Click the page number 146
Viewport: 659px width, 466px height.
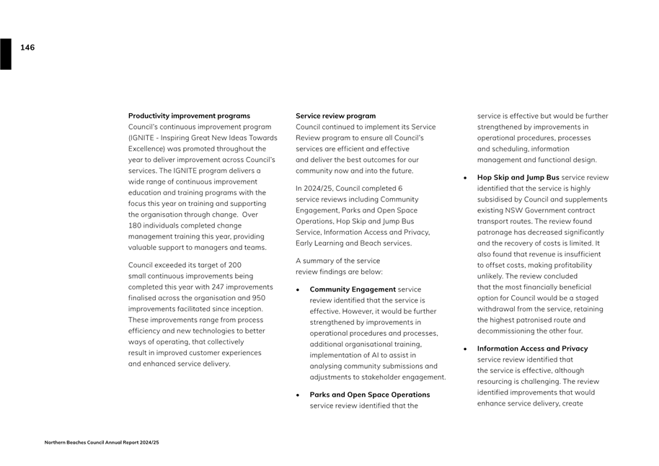click(27, 48)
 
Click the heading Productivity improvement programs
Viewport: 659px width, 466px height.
click(189, 116)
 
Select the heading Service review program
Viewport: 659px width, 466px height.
click(335, 116)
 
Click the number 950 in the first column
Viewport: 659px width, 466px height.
click(258, 297)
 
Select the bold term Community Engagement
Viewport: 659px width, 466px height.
click(353, 290)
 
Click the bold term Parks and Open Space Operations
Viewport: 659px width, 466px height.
click(369, 395)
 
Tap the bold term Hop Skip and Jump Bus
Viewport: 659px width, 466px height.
click(518, 177)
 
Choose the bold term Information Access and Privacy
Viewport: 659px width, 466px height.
click(532, 349)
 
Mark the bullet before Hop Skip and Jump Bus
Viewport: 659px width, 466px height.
click(466, 177)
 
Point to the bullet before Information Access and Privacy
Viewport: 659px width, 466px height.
click(466, 349)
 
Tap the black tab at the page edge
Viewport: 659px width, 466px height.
click(6, 54)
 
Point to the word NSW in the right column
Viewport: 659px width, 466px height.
click(518, 210)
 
